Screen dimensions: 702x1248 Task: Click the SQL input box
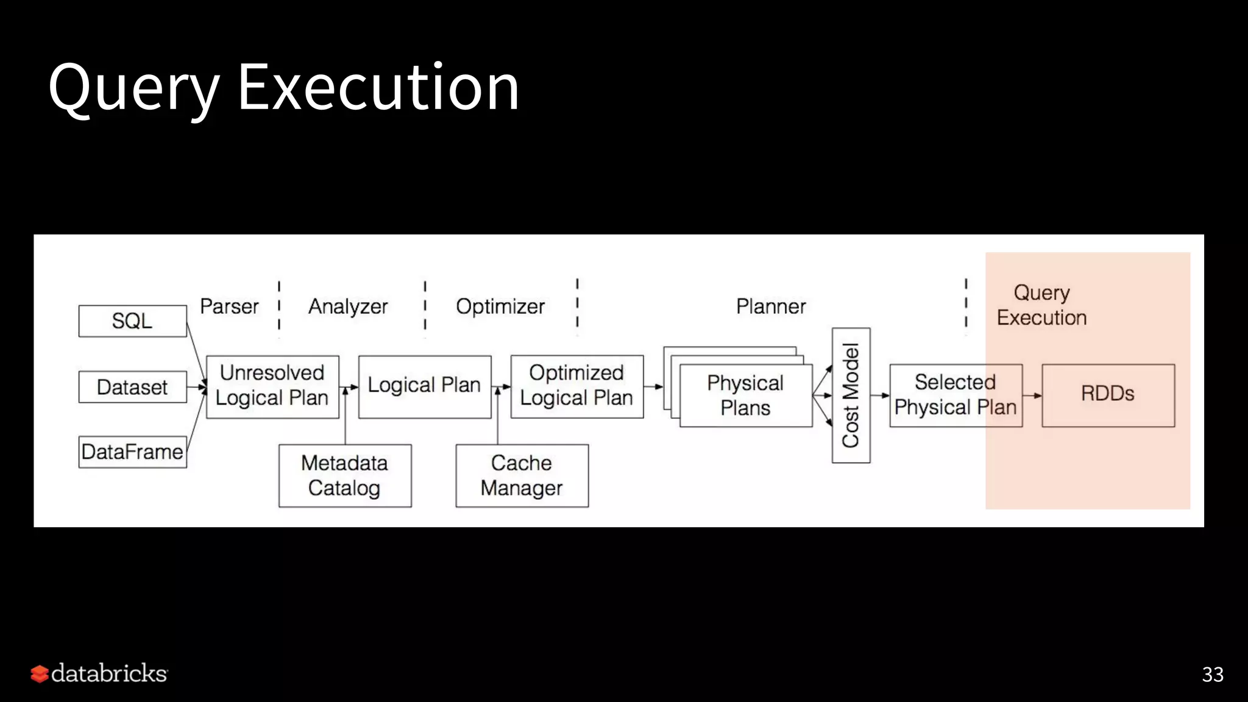click(x=132, y=321)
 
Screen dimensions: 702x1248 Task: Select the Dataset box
click(x=132, y=387)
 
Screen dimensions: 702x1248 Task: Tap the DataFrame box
click(x=132, y=452)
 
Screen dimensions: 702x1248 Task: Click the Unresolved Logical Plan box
click(x=272, y=386)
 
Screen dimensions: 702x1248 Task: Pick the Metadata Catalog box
click(x=345, y=475)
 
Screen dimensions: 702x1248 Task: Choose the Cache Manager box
click(x=522, y=475)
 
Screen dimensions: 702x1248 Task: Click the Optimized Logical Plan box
click(x=576, y=386)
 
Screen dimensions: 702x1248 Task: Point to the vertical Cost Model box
click(x=851, y=395)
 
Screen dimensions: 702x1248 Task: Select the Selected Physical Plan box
click(x=955, y=395)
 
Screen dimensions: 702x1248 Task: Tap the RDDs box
click(x=1108, y=395)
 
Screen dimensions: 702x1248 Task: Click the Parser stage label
click(x=229, y=306)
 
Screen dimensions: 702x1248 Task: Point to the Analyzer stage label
click(x=348, y=306)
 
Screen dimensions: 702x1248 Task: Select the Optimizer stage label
click(x=500, y=306)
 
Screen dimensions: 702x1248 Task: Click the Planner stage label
click(x=771, y=306)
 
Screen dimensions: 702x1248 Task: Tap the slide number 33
click(x=1212, y=675)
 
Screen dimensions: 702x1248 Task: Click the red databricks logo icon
click(x=40, y=674)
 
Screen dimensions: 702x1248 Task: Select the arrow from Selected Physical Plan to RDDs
click(x=1032, y=395)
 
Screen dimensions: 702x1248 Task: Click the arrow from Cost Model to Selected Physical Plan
click(x=880, y=395)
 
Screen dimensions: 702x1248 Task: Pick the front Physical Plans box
click(x=746, y=395)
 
